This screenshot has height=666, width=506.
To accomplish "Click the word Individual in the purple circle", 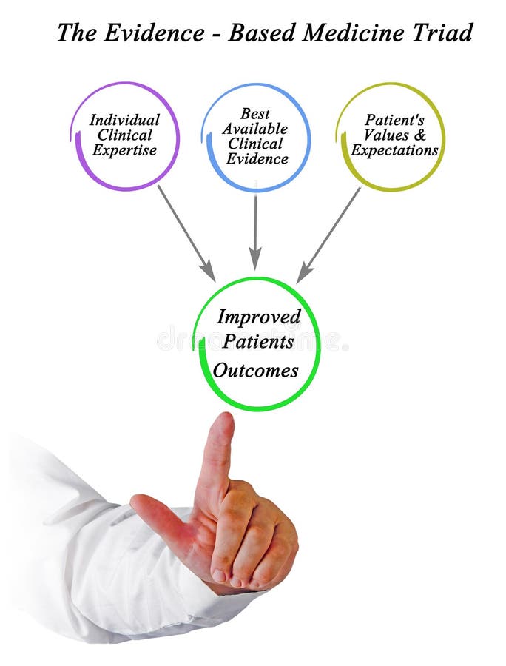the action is pos(124,120).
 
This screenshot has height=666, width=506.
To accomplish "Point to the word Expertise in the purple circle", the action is pos(124,150).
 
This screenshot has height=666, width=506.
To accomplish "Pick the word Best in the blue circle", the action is pos(255,114).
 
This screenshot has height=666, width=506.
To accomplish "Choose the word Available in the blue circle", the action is pos(255,129).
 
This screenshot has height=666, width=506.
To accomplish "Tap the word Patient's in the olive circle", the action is pos(394,120).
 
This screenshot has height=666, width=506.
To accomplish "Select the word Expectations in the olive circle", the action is pos(394,150).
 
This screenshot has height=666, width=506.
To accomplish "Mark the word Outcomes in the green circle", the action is pos(256,370).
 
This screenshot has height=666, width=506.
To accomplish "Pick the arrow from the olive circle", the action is pos(329,234).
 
